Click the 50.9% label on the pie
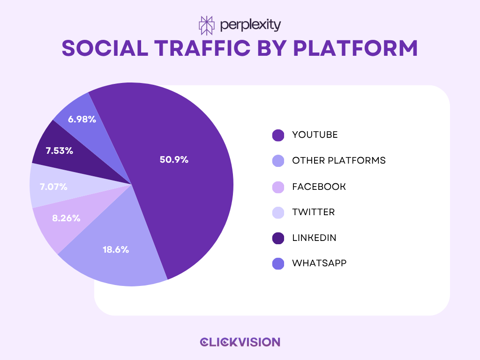[x=174, y=159]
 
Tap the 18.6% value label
[x=116, y=249]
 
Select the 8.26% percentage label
[x=66, y=218]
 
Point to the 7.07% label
[x=53, y=187]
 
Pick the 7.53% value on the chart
[x=59, y=151]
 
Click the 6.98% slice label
[x=82, y=119]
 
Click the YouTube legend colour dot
[x=278, y=135]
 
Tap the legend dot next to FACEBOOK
[x=278, y=187]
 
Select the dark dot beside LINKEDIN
[x=278, y=238]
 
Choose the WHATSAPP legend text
[x=319, y=263]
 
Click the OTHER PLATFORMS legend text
[x=338, y=160]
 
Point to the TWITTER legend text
[x=313, y=212]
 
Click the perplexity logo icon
[x=206, y=25]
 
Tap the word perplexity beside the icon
[x=250, y=25]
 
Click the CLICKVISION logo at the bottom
[x=240, y=342]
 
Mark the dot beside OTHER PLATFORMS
[x=278, y=161]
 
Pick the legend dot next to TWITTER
[x=278, y=212]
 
